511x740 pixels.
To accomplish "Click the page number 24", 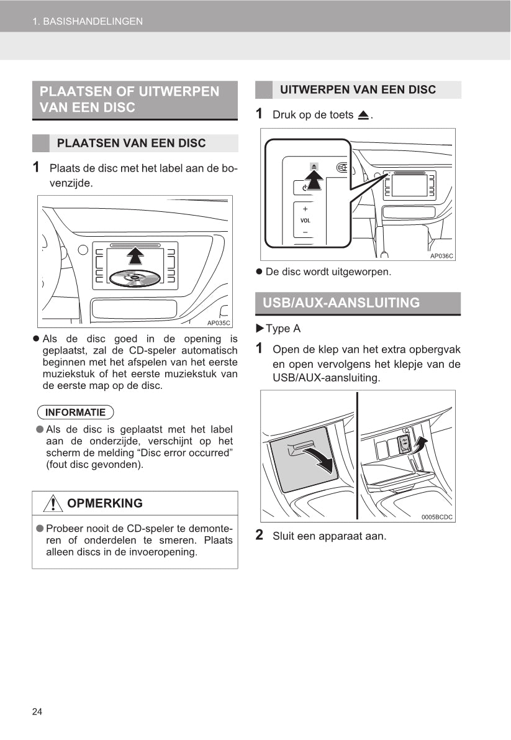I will [37, 711].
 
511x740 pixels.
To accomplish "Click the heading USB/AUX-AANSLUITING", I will [341, 303].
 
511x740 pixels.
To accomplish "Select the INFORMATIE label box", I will [75, 412].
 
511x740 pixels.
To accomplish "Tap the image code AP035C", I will [218, 322].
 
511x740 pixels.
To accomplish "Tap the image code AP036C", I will [441, 255].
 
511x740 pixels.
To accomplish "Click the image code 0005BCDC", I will [437, 517].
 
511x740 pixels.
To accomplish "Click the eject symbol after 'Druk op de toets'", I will [363, 115].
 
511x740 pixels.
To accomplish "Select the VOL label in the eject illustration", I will [305, 221].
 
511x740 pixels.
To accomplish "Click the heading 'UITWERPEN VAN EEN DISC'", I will [358, 89].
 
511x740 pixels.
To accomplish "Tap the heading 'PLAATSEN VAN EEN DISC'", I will [131, 144].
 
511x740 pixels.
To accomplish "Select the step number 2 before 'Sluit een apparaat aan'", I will [260, 535].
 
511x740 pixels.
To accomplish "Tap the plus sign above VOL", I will [305, 209].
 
